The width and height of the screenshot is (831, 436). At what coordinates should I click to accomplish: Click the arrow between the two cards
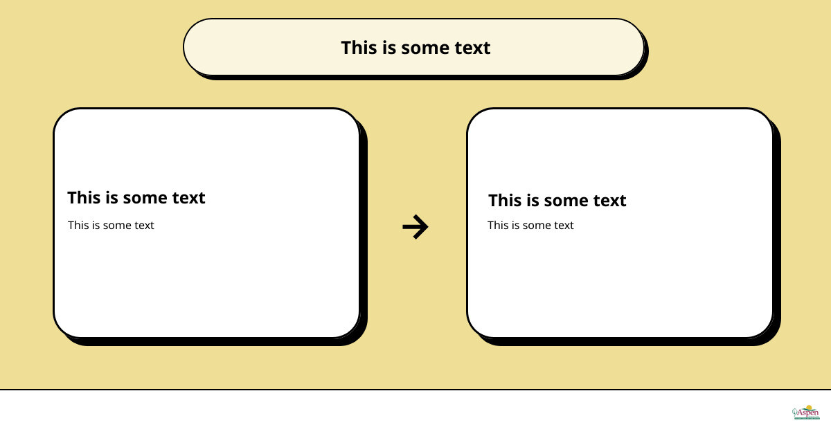(x=415, y=226)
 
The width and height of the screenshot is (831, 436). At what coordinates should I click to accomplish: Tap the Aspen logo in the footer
(x=806, y=412)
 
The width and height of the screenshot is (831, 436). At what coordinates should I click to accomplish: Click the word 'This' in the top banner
(x=357, y=48)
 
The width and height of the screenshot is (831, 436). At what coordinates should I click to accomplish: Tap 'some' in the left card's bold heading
(x=147, y=199)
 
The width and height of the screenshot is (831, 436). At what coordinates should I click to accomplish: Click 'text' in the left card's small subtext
(x=144, y=226)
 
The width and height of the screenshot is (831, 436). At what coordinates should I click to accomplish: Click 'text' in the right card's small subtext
(x=564, y=226)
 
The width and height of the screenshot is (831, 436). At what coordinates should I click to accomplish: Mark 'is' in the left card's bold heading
(x=111, y=198)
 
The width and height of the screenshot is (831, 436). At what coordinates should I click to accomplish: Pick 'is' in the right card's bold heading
(x=533, y=201)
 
